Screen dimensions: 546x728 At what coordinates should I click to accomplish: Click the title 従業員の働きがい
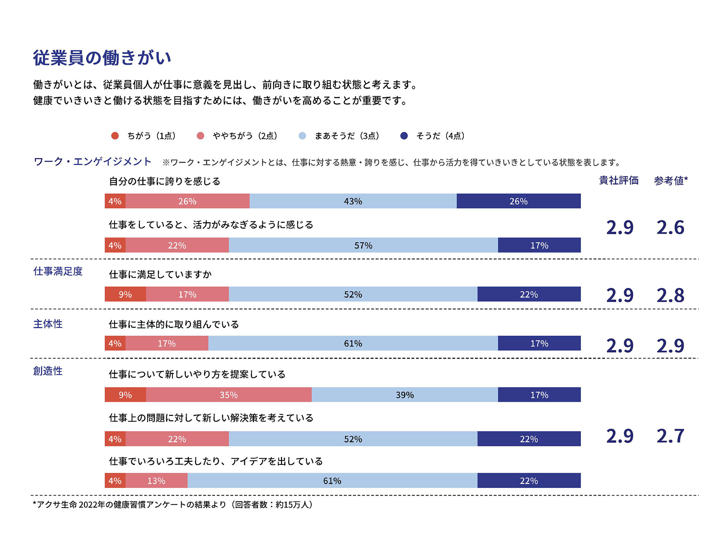102,58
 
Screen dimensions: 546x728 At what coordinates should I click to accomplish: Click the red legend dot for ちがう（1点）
115,136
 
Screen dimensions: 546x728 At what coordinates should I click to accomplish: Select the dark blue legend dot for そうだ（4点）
404,136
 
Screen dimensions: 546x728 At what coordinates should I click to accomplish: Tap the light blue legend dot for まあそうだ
302,136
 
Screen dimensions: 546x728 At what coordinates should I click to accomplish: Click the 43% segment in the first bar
353,201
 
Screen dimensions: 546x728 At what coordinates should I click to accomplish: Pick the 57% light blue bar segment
363,245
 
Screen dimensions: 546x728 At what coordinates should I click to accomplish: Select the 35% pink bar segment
229,395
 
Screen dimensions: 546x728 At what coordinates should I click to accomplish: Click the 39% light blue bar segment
405,395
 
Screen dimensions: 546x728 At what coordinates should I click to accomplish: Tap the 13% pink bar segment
156,481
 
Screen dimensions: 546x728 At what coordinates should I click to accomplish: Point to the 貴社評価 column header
619,180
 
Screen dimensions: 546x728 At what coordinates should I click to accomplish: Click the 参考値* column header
671,180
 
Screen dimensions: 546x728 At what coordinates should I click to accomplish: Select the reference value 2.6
670,227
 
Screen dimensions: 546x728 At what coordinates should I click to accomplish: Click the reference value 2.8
670,295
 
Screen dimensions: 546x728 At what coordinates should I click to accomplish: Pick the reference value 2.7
670,436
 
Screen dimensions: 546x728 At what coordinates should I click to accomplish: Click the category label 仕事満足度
58,271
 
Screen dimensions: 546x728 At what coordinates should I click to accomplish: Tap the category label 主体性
48,324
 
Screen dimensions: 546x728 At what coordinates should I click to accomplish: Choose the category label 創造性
48,371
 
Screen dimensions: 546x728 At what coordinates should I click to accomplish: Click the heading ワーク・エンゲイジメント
93,162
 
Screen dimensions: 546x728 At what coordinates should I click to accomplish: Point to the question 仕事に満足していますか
160,274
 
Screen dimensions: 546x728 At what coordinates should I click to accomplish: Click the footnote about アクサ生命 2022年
173,505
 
